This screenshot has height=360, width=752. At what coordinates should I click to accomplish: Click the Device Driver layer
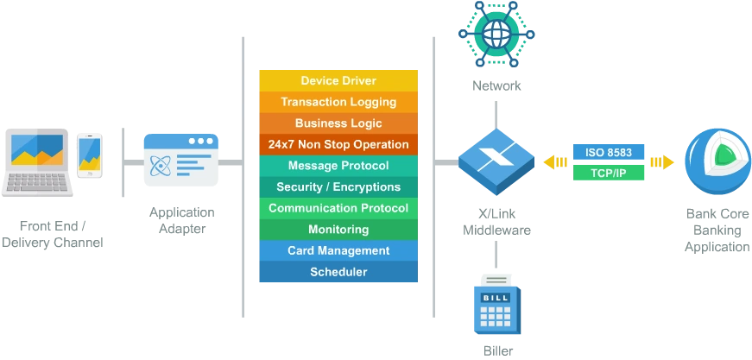(x=338, y=80)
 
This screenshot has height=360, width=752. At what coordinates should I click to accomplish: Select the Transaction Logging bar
(x=338, y=102)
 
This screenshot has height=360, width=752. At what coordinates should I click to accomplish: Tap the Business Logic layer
(x=338, y=123)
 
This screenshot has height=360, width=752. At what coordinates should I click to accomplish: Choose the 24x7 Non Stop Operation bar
(x=338, y=144)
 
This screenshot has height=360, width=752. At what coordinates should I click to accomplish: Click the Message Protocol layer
(x=338, y=166)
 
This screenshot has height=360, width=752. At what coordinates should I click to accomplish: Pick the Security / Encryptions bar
(x=338, y=186)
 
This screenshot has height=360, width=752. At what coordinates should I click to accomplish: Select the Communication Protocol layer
(x=338, y=208)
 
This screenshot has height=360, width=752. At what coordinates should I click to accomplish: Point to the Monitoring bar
(x=338, y=230)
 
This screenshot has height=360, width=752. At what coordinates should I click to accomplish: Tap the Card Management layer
(x=338, y=250)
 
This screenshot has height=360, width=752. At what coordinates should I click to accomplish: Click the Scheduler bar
(x=338, y=272)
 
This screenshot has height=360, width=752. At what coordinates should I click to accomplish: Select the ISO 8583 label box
(x=609, y=153)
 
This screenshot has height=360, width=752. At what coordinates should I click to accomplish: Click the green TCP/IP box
(x=609, y=174)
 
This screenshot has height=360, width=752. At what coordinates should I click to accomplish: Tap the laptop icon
(x=37, y=161)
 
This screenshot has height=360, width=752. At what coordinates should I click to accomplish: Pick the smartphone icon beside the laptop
(x=90, y=155)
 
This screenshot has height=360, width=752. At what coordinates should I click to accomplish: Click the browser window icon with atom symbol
(x=180, y=159)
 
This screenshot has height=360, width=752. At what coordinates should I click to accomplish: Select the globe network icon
(x=496, y=35)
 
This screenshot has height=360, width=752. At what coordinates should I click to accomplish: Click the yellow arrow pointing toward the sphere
(x=662, y=162)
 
